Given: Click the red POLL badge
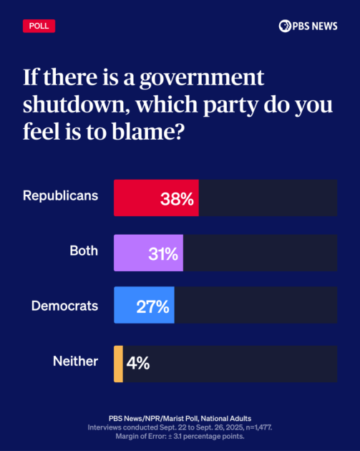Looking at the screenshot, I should [39, 26].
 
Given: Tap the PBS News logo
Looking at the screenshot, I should [308, 26].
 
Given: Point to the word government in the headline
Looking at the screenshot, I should [210, 76].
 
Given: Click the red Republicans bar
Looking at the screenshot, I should [156, 198].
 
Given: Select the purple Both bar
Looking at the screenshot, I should [148, 253].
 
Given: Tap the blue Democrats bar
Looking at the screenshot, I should [144, 306].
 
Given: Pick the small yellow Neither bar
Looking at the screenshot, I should [118, 363].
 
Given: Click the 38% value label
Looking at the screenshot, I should [177, 199].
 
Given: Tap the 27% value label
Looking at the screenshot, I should [152, 307].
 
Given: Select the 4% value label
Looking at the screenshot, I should [138, 363].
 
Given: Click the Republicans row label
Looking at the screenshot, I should [60, 195].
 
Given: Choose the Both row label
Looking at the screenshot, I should [84, 251].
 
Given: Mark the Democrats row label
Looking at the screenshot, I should [64, 305].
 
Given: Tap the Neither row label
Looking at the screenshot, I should [75, 361].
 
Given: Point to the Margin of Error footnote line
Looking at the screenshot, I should [180, 436].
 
